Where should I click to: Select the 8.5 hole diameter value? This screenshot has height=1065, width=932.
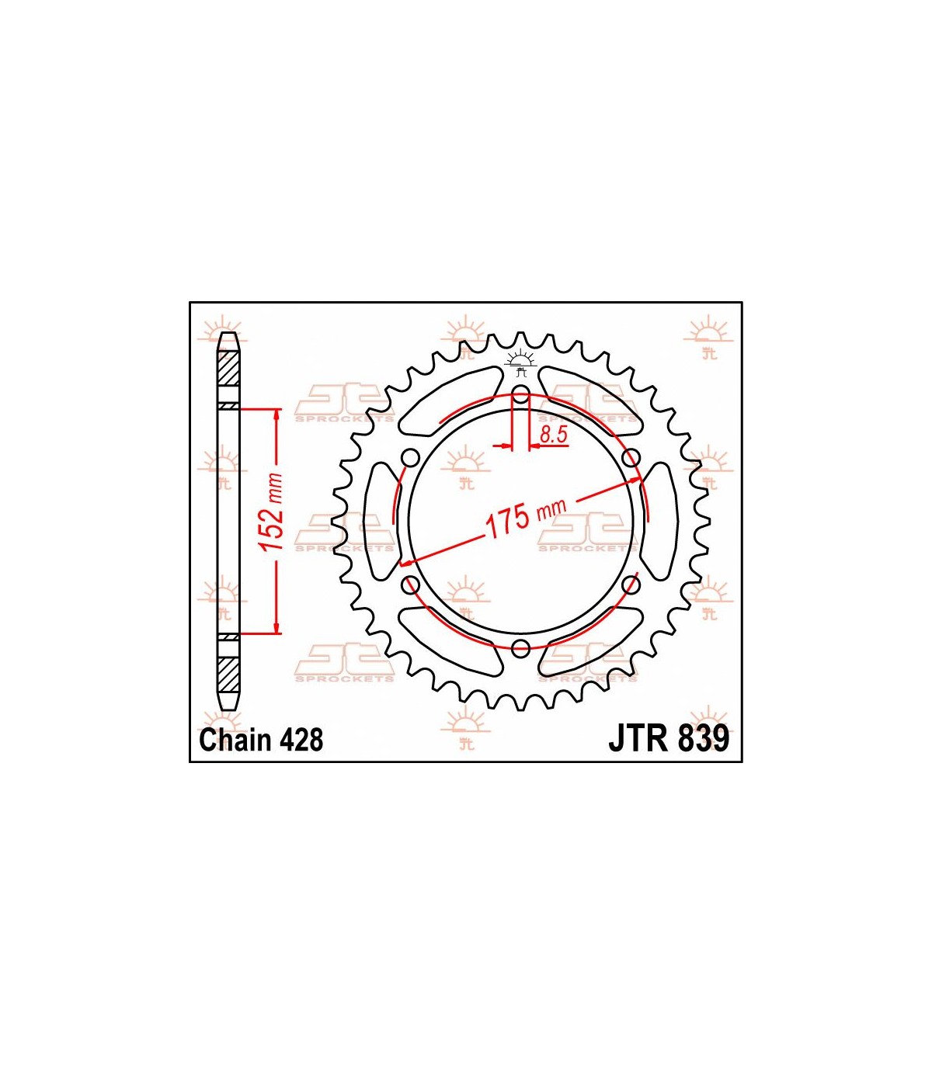[553, 434]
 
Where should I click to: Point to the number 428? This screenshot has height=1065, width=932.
[301, 740]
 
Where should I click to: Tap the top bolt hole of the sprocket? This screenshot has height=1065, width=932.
[520, 393]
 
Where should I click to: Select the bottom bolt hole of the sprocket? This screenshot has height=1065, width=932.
[520, 649]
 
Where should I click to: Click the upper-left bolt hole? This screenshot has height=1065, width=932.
[410, 458]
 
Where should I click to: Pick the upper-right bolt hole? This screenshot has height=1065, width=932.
[631, 458]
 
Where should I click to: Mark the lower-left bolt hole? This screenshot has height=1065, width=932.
[410, 584]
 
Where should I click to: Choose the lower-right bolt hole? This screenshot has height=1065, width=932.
[631, 584]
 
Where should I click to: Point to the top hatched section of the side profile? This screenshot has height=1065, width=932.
[228, 368]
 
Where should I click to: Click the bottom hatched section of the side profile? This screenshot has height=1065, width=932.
[228, 674]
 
